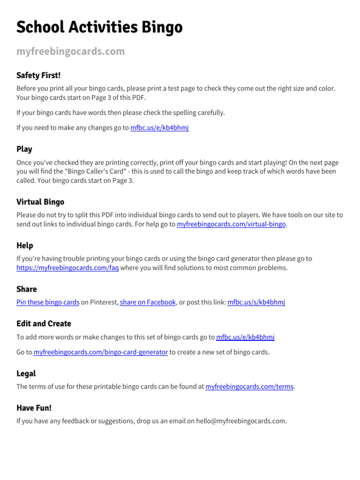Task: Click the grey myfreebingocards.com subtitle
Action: [71, 51]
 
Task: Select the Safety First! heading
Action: [38, 75]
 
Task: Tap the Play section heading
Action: [24, 149]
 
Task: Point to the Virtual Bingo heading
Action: [40, 202]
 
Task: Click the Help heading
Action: [25, 246]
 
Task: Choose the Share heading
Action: [27, 289]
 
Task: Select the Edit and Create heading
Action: [44, 323]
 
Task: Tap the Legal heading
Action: [26, 374]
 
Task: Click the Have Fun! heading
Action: [34, 408]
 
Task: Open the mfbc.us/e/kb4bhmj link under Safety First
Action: [159, 127]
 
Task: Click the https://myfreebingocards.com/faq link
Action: [67, 268]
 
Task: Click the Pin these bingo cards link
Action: [48, 302]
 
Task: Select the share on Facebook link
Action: [148, 302]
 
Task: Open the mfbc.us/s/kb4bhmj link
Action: [256, 302]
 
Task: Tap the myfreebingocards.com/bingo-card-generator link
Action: [101, 352]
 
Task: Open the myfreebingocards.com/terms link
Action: [249, 387]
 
